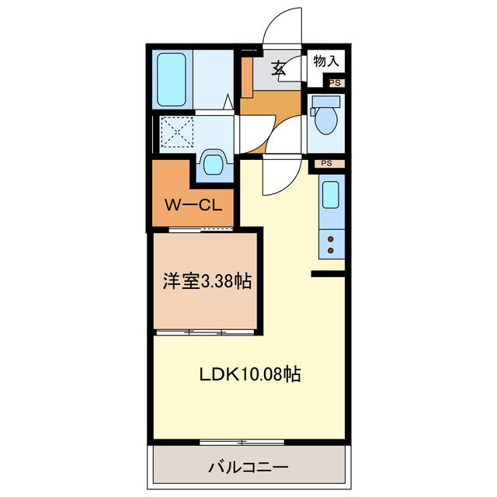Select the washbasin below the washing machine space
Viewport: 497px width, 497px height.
point(212,164)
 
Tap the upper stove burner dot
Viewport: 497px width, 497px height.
point(332,239)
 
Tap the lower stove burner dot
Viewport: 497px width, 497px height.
point(332,250)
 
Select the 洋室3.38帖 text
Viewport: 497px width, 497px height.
point(207,282)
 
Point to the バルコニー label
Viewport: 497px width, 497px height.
point(248,467)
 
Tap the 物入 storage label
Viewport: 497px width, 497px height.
point(326,60)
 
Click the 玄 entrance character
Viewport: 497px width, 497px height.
point(280,68)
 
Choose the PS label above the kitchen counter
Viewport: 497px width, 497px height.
point(326,164)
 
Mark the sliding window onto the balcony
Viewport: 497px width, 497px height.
point(242,442)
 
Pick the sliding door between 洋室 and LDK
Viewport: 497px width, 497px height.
point(205,332)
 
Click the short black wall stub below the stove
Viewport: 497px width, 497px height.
point(327,273)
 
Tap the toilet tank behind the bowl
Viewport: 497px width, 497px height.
point(325,102)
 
